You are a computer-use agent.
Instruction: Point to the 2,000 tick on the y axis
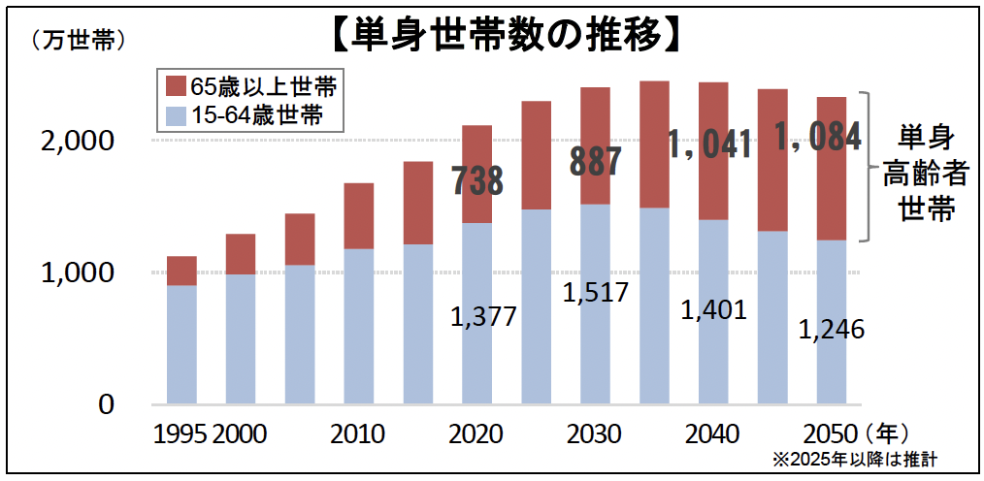click(77, 141)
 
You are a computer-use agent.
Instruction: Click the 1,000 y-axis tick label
click(77, 273)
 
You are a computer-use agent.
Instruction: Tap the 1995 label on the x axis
click(180, 433)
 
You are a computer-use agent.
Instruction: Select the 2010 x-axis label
click(358, 433)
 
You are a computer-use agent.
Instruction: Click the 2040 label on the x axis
click(711, 433)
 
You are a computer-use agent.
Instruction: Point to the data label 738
click(477, 181)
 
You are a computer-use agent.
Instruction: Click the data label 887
click(595, 161)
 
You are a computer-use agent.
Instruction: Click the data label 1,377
click(483, 316)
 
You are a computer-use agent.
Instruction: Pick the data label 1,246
click(832, 330)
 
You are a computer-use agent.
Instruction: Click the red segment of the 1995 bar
click(181, 271)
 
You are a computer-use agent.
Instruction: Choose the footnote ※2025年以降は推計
click(859, 460)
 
